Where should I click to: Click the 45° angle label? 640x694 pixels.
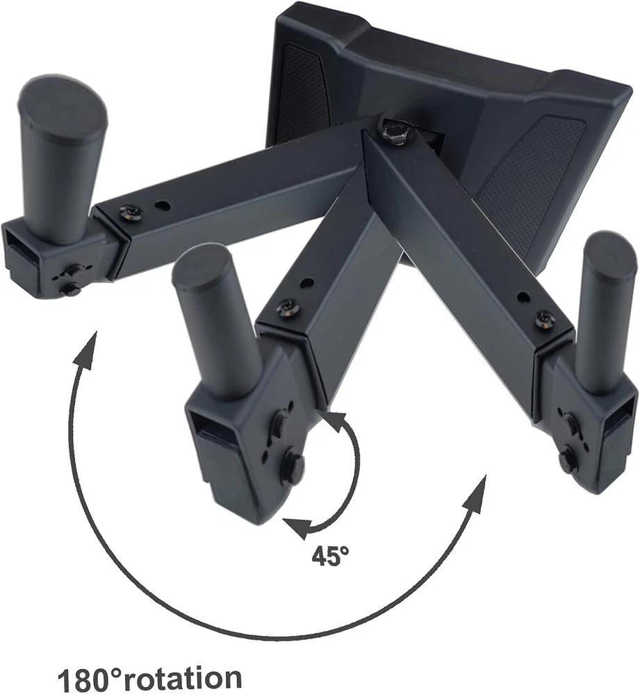(330, 555)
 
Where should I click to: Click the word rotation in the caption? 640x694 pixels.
(181, 677)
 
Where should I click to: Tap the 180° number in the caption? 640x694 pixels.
(89, 677)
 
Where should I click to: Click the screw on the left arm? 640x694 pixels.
(131, 212)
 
